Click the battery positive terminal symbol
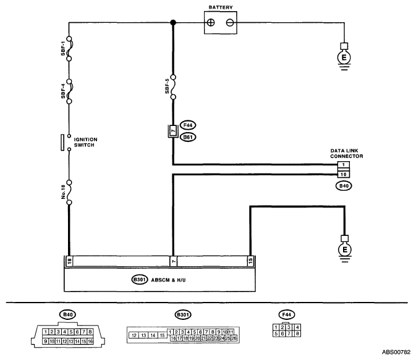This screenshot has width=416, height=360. point(211,22)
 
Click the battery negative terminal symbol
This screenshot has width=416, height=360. point(230,22)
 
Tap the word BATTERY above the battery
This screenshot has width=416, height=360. point(221,7)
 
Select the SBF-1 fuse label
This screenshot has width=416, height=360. point(63,49)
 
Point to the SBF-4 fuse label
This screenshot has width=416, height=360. point(63,91)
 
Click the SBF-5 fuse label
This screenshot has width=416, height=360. point(167,86)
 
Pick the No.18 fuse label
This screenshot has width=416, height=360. point(63,192)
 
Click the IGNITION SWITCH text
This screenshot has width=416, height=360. point(85,143)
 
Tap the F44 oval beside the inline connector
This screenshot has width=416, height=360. point(187,125)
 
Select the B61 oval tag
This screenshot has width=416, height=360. point(187,137)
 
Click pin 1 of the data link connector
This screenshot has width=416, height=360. point(344,165)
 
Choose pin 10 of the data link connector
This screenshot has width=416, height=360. point(344,174)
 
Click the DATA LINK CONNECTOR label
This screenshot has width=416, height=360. point(347,154)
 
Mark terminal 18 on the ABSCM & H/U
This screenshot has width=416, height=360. point(69,261)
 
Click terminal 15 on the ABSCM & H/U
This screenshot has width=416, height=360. point(250,261)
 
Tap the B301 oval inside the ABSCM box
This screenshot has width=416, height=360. point(140,280)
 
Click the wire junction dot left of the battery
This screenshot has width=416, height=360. point(173,22)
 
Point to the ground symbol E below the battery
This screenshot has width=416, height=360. point(344,57)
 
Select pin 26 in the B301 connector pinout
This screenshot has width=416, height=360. point(234,338)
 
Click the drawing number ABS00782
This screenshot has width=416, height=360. point(396,353)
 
